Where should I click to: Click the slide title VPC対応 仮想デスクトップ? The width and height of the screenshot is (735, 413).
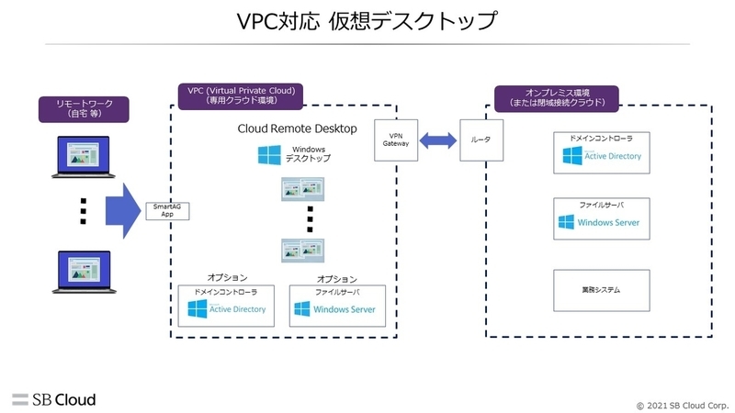[x=367, y=21]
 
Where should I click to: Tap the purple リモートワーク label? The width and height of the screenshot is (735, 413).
[x=83, y=109]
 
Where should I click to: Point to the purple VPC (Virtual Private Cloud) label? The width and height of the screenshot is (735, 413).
[x=239, y=96]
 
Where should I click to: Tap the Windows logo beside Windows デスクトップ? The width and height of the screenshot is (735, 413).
[x=269, y=153]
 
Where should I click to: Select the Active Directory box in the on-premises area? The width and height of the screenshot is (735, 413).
[x=602, y=152]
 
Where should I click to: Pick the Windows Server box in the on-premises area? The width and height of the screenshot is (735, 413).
[x=602, y=218]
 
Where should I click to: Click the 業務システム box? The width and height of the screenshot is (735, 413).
[x=602, y=290]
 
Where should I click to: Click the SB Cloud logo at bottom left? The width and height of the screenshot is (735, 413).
[x=54, y=399]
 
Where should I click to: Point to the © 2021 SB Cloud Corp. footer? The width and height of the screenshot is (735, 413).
[x=680, y=404]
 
